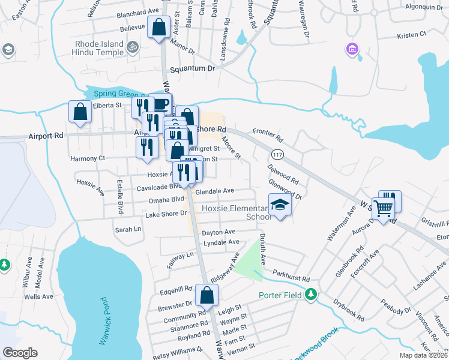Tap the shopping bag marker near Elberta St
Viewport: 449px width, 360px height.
coord(80,111)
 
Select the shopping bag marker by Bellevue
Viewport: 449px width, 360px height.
coord(160,27)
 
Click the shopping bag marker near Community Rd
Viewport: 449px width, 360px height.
coord(207,295)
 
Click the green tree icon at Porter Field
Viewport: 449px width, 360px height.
coord(310,294)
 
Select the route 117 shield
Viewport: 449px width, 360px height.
coord(277,155)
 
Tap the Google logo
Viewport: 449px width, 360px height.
coord(20,353)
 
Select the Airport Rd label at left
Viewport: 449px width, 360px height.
coord(46,136)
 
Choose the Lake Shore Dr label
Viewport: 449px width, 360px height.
coord(166,214)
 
